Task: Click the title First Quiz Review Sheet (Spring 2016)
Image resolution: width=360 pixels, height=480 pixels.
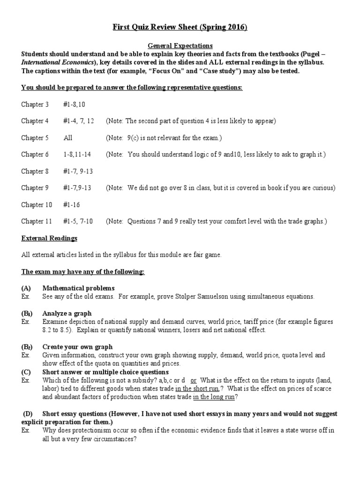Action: pyautogui.click(x=180, y=28)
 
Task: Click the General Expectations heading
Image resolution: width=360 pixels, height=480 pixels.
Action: pyautogui.click(x=180, y=45)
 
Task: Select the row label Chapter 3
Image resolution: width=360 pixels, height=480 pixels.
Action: pyautogui.click(x=35, y=104)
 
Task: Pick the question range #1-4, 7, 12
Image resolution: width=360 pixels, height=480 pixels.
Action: pyautogui.click(x=78, y=121)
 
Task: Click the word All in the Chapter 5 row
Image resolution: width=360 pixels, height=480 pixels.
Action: pyautogui.click(x=68, y=138)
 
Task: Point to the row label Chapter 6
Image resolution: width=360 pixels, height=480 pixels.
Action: pyautogui.click(x=35, y=154)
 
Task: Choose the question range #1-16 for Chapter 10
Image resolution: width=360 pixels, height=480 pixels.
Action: pyautogui.click(x=72, y=204)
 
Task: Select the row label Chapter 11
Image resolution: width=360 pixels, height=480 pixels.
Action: pyautogui.click(x=36, y=221)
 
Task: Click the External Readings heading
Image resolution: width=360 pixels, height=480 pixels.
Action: pyautogui.click(x=49, y=238)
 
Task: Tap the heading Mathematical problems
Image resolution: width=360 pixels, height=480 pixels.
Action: pyautogui.click(x=78, y=288)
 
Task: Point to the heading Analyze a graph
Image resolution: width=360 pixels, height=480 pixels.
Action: pyautogui.click(x=67, y=313)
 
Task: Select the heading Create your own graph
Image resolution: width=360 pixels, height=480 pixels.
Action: pyautogui.click(x=77, y=347)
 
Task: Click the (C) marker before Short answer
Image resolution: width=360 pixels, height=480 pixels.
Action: pyautogui.click(x=26, y=372)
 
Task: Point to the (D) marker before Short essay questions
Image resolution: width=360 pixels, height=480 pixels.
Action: pyautogui.click(x=29, y=414)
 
